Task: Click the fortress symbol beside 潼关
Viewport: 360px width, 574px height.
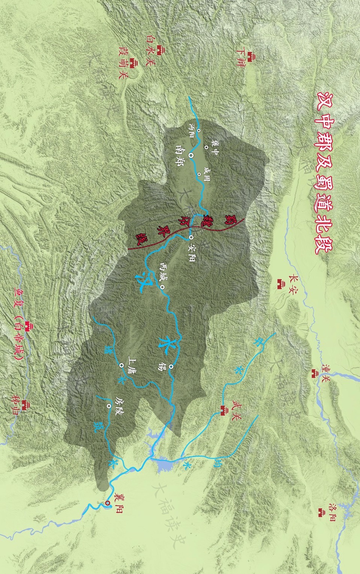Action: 314,373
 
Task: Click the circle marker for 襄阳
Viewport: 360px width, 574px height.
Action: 107,503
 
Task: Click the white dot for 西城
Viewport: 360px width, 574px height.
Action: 162,288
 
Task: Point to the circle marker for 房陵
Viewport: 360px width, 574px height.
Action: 109,406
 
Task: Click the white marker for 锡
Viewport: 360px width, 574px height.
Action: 171,367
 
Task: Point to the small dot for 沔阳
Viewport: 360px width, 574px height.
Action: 199,131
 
